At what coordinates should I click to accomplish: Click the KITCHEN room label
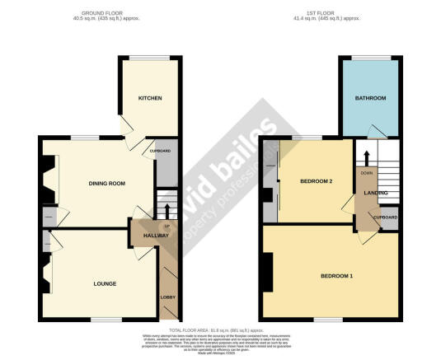[149, 98]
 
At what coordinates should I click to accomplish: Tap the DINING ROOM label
[106, 184]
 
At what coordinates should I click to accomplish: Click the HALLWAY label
[156, 236]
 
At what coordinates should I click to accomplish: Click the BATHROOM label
[370, 98]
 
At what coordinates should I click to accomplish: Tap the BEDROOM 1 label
[336, 275]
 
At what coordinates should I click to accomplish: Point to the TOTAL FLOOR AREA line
[219, 329]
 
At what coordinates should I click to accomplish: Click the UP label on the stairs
[167, 226]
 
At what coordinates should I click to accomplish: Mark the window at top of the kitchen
[149, 58]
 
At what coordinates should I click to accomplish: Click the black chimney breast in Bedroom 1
[267, 273]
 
